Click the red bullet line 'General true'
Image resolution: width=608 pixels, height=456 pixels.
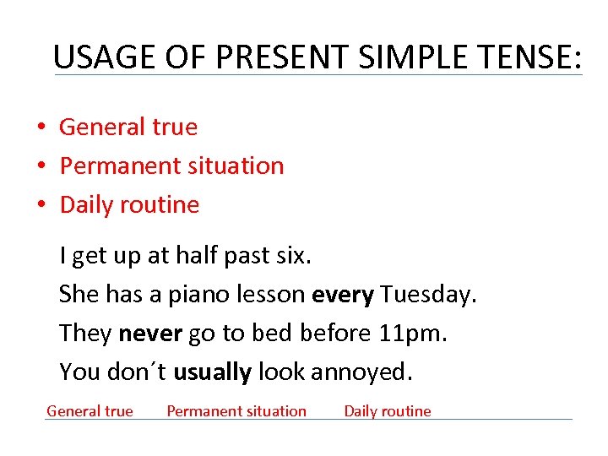pos(128,128)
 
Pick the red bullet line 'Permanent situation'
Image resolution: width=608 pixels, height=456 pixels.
pos(171,166)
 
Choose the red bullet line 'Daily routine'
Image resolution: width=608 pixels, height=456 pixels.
pos(129,204)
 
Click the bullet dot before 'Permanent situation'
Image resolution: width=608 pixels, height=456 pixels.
pos(41,166)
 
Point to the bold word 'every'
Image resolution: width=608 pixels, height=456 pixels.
pos(343,295)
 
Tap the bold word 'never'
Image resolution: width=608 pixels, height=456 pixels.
pos(150,334)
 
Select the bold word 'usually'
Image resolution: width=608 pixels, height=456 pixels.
pos(212,372)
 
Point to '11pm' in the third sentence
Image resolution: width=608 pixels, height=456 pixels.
pos(411,334)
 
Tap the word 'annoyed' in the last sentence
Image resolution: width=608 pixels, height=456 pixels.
pos(362,372)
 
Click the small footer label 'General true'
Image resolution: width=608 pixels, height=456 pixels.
pos(90,411)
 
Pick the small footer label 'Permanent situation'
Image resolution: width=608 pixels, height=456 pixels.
pos(236,411)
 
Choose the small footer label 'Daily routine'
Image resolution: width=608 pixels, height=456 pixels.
pos(387,411)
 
